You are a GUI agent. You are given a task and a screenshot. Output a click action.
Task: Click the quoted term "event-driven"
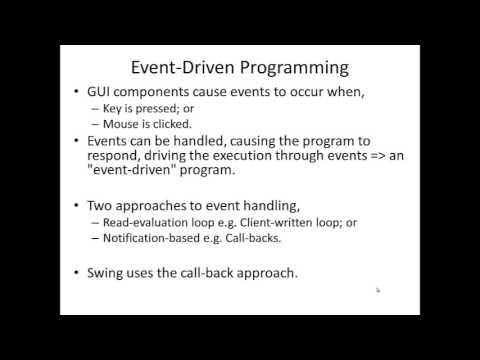pos(137,174)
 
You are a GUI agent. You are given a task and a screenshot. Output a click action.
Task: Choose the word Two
pos(103,204)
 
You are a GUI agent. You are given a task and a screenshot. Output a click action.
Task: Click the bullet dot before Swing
pos(79,272)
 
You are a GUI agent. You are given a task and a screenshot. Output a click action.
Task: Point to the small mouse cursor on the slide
pos(377,290)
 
